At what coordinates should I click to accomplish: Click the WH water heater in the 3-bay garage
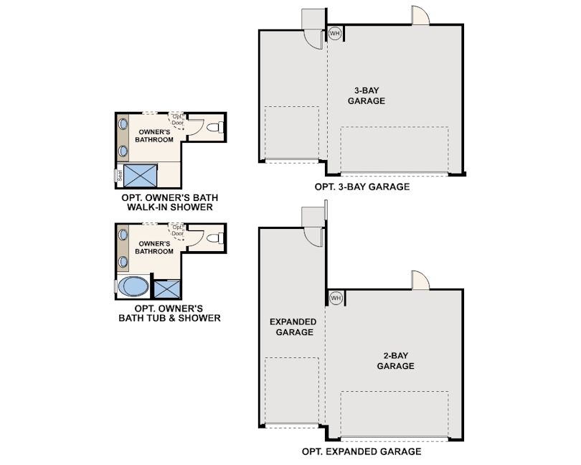[x=335, y=33]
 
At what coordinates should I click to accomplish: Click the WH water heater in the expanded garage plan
[x=335, y=297]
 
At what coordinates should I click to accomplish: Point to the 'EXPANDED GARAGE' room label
[x=292, y=327]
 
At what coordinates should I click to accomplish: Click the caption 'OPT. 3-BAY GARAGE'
[x=362, y=187]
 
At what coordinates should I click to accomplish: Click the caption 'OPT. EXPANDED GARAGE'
[x=362, y=451]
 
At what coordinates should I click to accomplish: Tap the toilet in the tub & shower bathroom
[x=215, y=238]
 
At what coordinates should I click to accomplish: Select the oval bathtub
[x=134, y=288]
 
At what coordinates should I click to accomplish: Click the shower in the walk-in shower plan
[x=141, y=174]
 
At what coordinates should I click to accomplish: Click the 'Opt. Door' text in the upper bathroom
[x=178, y=120]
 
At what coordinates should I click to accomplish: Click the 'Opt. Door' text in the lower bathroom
[x=178, y=230]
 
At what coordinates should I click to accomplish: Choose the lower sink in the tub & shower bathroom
[x=123, y=260]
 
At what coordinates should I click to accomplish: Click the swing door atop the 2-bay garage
[x=420, y=281]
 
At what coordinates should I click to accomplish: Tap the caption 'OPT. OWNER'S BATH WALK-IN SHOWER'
[x=170, y=202]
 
